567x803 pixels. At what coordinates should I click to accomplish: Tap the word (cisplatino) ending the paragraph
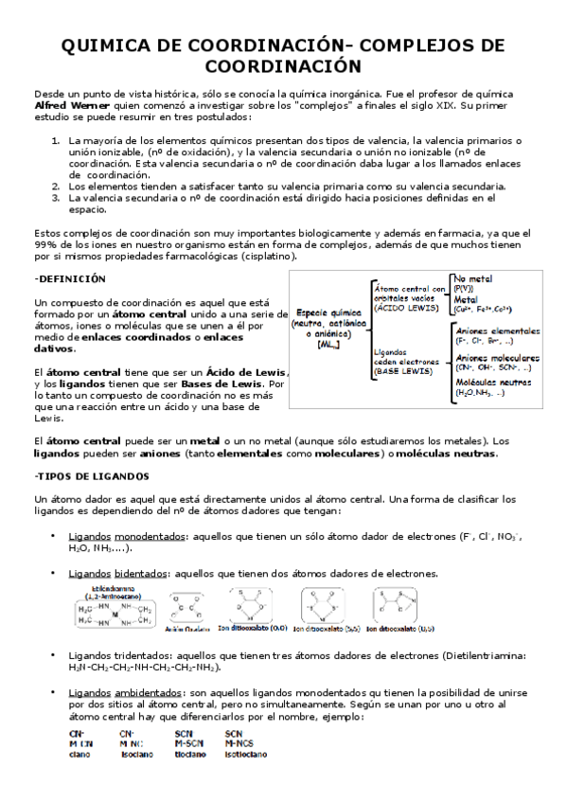[266, 256]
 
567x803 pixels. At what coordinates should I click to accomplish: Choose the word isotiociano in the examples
[245, 754]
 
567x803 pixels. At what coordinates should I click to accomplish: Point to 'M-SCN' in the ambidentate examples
[187, 743]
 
